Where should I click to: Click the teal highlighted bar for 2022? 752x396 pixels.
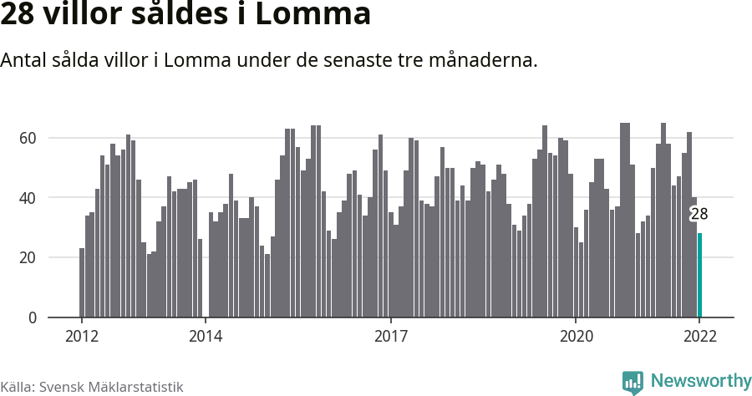pyautogui.click(x=699, y=276)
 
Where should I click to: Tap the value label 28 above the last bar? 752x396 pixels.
pyautogui.click(x=699, y=214)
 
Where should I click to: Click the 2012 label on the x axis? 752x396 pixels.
pyautogui.click(x=82, y=337)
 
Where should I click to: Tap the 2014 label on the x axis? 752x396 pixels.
pyautogui.click(x=206, y=337)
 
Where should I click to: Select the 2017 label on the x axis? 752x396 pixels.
pyautogui.click(x=390, y=337)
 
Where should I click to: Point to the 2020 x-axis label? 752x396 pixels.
pyautogui.click(x=576, y=337)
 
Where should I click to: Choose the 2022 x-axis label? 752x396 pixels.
pyautogui.click(x=699, y=337)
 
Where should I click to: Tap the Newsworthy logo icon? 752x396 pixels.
pyautogui.click(x=633, y=383)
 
